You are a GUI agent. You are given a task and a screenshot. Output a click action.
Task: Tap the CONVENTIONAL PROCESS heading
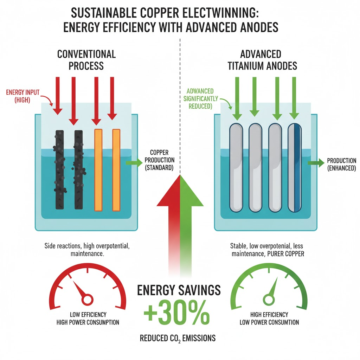point(86,60)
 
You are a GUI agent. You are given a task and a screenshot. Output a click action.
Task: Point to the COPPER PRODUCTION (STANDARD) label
point(159,160)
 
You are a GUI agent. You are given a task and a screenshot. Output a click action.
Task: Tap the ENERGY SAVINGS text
point(179,290)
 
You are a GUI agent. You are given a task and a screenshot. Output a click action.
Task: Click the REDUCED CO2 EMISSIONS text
point(178,339)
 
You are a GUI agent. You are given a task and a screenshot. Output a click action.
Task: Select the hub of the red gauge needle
point(86,300)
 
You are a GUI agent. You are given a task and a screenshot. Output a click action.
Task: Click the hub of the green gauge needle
point(269,300)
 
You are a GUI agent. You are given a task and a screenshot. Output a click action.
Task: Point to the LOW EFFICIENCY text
point(88,315)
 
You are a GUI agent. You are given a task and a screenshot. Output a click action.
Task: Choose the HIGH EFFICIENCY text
point(269,315)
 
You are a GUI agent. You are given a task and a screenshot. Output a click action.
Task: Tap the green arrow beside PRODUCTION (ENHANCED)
point(316,163)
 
